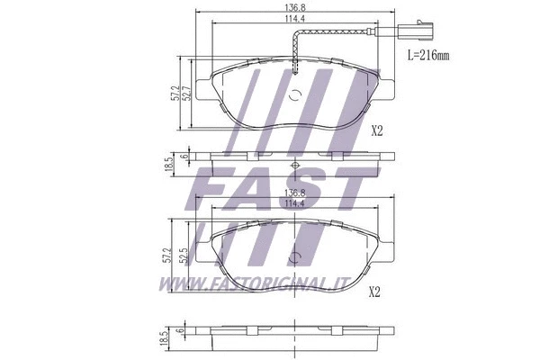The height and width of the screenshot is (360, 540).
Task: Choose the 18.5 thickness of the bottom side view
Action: [168, 338]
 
